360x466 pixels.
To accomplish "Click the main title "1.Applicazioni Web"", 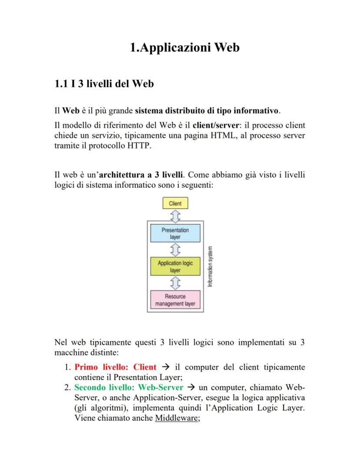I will [184, 47].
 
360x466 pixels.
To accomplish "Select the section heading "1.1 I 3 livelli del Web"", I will [104, 84].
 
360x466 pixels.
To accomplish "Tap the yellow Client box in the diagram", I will [175, 203].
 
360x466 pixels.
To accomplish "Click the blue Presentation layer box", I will [175, 233].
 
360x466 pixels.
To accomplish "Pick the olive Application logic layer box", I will [175, 266].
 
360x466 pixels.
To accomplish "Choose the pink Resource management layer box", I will [175, 300].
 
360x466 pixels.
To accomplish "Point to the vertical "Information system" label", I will [210, 266].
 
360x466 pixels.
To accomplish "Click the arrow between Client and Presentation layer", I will [175, 216].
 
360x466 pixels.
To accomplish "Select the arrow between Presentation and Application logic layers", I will [175, 250].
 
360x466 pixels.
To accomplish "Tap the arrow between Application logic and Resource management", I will [175, 283].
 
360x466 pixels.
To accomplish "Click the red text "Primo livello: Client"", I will [115, 367].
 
